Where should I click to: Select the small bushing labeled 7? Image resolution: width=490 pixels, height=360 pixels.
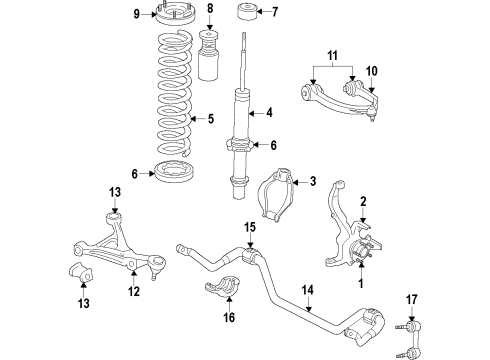pyautogui.click(x=217, y=14)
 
